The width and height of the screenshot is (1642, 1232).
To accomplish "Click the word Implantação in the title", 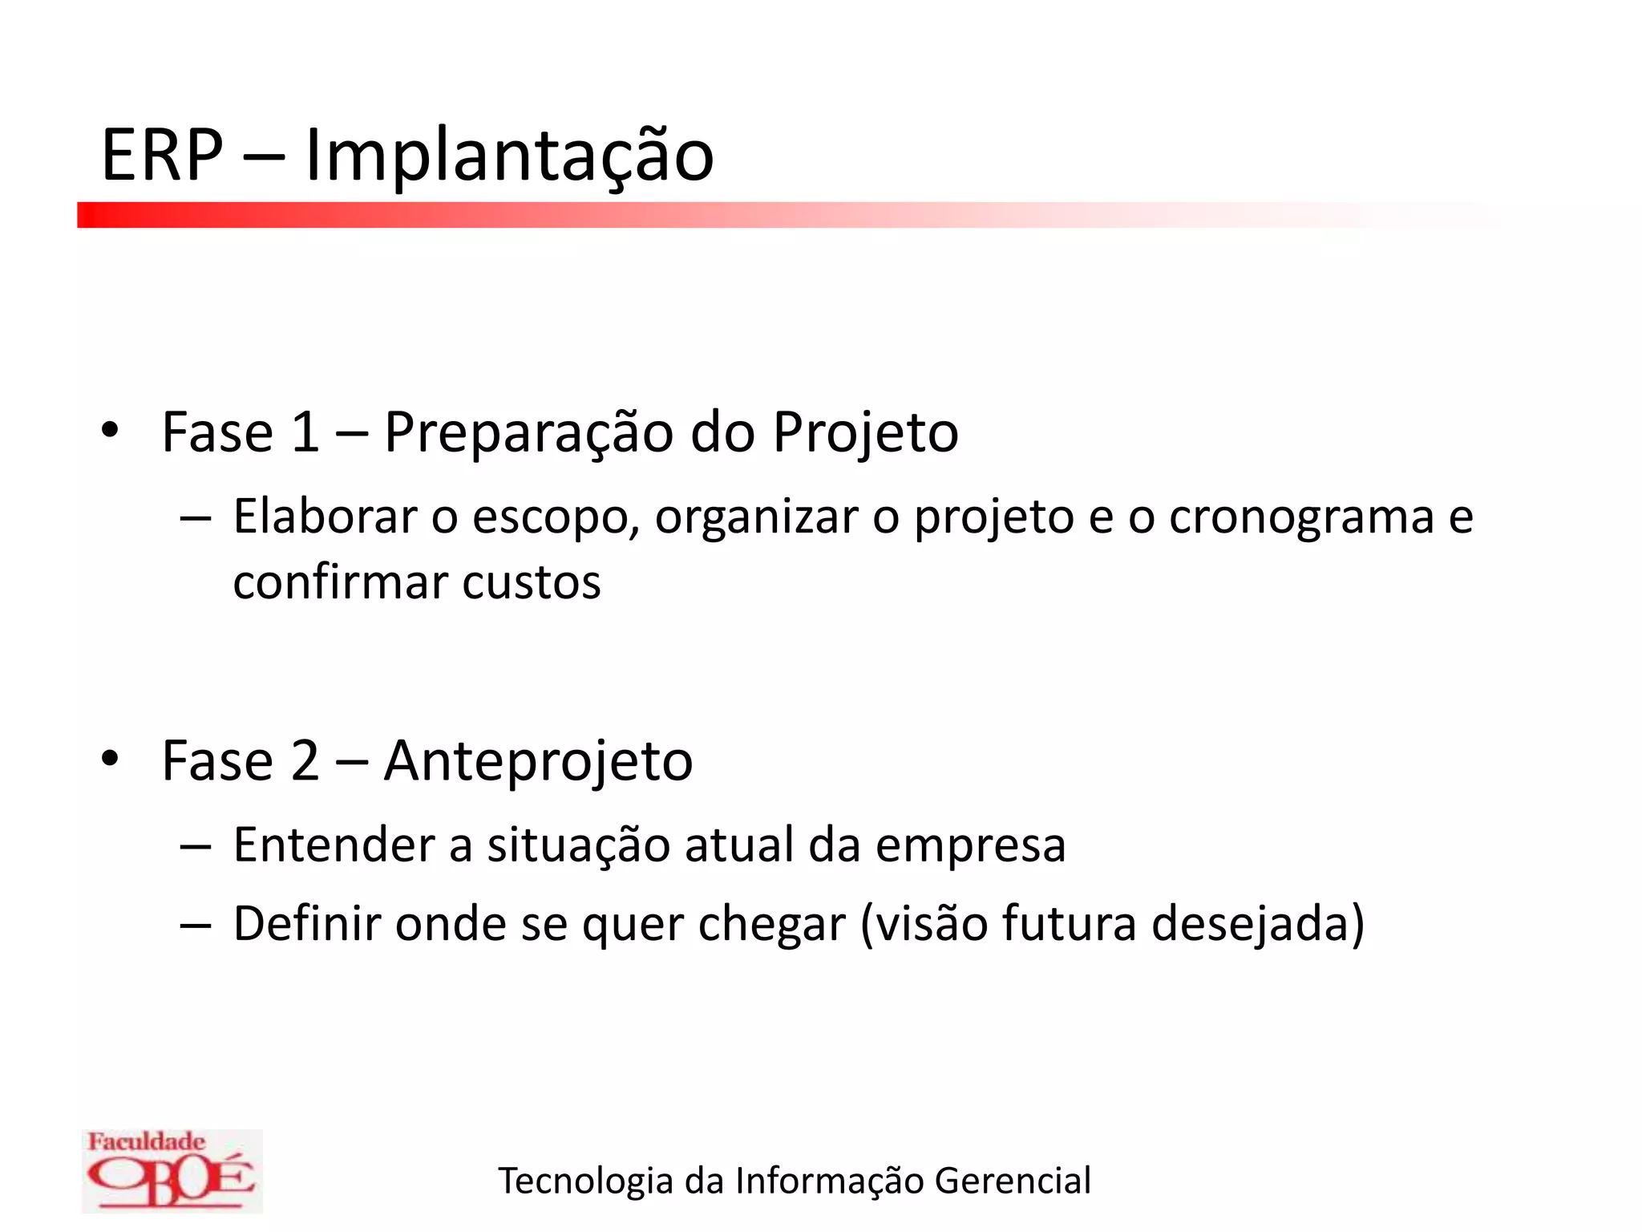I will tap(509, 156).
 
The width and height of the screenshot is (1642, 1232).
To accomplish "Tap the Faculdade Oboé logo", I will tap(172, 1170).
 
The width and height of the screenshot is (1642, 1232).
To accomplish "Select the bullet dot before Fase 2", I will tap(110, 758).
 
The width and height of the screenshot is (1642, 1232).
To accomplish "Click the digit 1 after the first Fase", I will tap(305, 433).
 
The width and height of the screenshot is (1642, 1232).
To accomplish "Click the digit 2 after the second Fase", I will tap(305, 760).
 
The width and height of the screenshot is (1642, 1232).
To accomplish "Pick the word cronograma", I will tap(1300, 518).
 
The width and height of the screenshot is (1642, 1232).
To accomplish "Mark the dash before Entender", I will tap(196, 846).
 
